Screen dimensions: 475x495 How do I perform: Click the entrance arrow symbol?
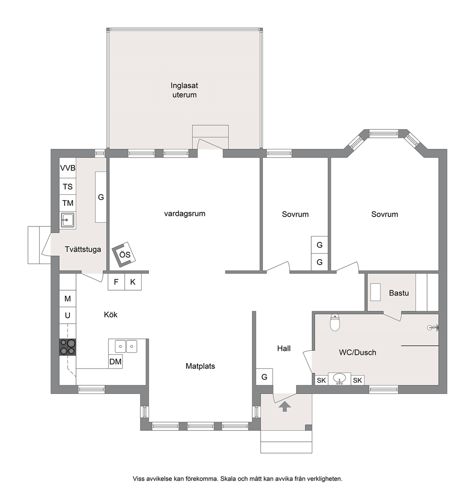tap(284, 406)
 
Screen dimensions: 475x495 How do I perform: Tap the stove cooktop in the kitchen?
tap(68, 347)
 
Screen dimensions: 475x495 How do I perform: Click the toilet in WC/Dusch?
tap(335, 322)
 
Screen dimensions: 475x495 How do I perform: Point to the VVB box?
tap(68, 168)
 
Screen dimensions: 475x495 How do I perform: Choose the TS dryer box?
tap(68, 187)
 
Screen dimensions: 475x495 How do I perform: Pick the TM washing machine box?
tap(68, 203)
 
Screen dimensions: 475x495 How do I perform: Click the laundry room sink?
tap(68, 220)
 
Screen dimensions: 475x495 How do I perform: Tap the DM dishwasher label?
tap(115, 361)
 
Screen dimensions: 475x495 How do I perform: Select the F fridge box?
tap(116, 281)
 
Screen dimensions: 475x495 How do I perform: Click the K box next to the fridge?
tap(133, 281)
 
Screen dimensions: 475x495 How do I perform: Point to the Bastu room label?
tap(399, 293)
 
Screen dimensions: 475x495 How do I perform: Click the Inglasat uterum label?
tap(184, 90)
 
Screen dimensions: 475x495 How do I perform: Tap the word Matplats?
tap(200, 366)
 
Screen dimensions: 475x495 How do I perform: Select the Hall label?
tap(284, 349)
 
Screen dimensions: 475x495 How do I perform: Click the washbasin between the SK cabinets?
tap(339, 379)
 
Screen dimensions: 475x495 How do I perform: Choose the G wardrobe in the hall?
tap(264, 377)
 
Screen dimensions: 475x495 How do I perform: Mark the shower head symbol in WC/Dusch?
tap(433, 327)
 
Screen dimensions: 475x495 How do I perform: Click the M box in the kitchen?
tap(68, 299)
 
